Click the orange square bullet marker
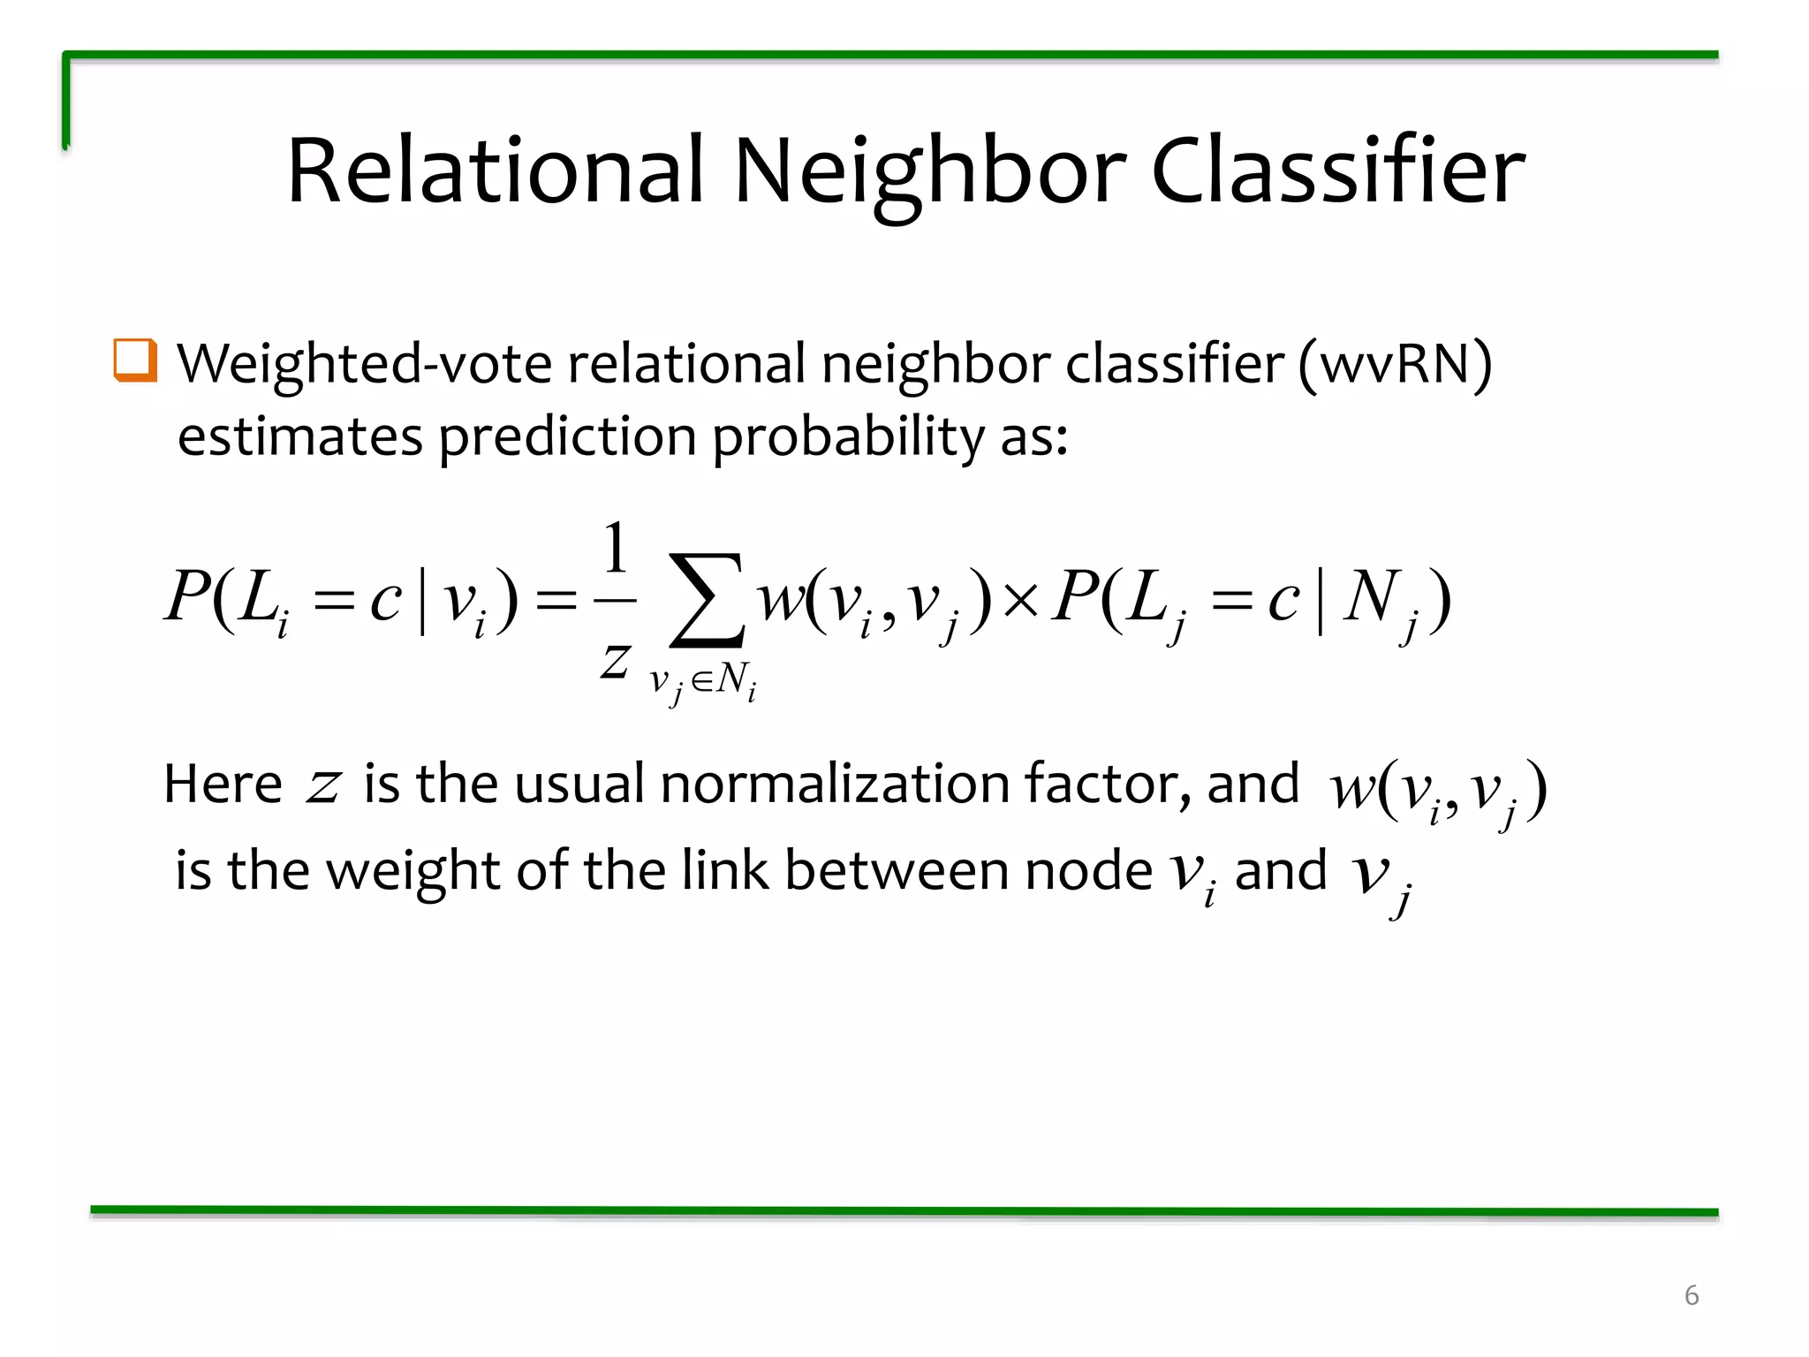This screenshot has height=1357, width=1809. coord(135,360)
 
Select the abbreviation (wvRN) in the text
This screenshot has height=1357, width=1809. coord(1395,364)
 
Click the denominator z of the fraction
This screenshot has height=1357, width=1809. coord(615,661)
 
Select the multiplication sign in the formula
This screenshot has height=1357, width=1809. coord(1021,601)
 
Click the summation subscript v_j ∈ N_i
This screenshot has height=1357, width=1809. coord(703,682)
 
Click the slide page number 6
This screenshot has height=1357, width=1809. coord(1691,1295)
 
